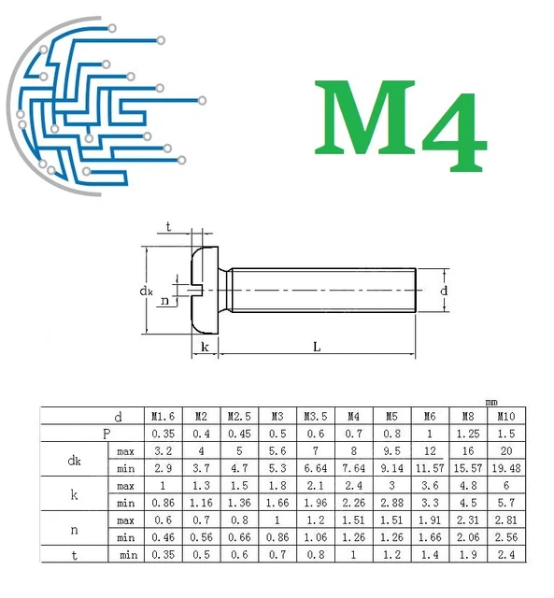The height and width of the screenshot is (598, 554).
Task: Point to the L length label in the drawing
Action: coord(317,347)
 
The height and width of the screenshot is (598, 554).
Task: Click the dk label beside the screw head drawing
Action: coord(146,292)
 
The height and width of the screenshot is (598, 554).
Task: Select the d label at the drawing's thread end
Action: coord(444,291)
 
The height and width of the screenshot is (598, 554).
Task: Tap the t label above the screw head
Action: coord(168,227)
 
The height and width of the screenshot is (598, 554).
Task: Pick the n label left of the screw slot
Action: coord(164,300)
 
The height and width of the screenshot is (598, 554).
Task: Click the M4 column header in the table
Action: coord(353,416)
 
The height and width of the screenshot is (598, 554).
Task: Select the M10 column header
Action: coord(505,416)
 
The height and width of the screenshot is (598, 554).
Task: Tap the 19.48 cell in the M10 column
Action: coord(505,468)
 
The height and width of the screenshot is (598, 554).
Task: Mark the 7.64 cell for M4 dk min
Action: coord(353,468)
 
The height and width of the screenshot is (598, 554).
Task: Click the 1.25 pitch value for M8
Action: coord(467,434)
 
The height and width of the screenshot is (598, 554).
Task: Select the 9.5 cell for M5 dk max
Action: coord(391,451)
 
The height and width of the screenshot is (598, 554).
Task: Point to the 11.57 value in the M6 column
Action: coord(429,468)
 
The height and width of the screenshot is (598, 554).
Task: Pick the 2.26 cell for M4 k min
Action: coord(353,504)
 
